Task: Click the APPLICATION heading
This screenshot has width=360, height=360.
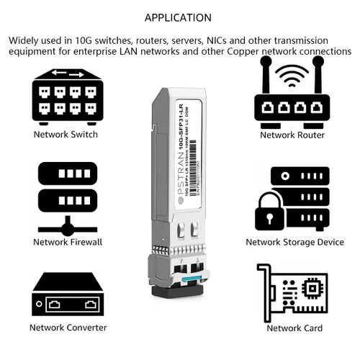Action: (179, 17)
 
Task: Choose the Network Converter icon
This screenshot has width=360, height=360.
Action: (68, 294)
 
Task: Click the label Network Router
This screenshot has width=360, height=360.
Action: (292, 135)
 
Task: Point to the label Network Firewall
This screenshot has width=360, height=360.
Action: (68, 242)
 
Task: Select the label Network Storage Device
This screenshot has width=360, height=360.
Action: (294, 243)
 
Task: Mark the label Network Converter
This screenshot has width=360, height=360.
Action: (68, 328)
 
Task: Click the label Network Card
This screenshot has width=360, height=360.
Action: (293, 328)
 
